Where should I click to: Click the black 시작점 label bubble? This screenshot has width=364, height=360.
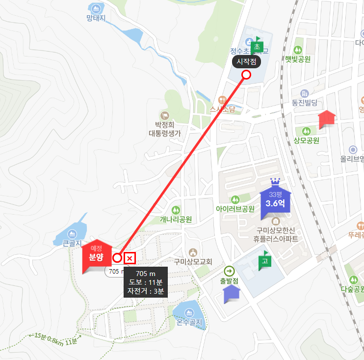click(247, 61)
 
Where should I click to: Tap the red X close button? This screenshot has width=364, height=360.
click(130, 258)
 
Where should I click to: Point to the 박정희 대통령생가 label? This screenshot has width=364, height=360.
click(165, 129)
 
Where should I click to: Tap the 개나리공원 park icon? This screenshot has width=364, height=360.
click(176, 210)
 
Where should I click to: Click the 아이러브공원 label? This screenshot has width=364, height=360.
click(235, 209)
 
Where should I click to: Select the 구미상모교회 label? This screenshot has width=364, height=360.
click(193, 262)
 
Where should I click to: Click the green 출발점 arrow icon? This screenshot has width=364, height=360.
click(229, 271)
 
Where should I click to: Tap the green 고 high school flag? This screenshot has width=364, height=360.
click(264, 260)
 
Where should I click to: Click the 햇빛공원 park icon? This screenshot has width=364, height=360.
click(297, 50)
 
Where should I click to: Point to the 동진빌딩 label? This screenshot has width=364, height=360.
click(305, 103)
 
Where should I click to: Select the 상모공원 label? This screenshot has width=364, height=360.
click(306, 140)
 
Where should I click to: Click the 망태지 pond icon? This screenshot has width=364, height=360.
click(96, 8)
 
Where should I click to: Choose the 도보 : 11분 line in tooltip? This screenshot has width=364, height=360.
click(146, 282)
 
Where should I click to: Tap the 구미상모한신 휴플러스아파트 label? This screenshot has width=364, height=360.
click(277, 235)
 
